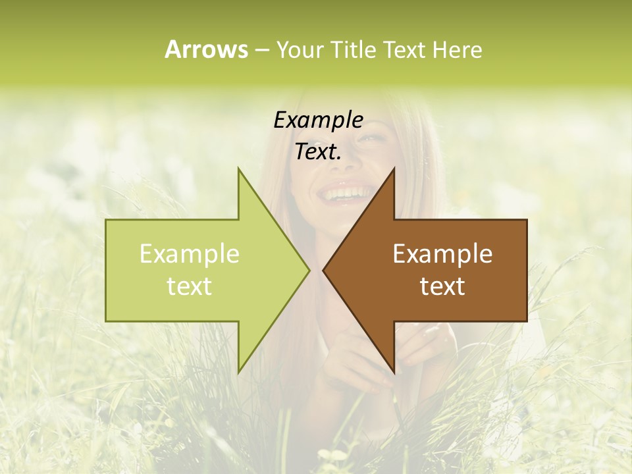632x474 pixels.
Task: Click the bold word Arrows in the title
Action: point(206,49)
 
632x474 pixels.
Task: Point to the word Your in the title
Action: point(299,50)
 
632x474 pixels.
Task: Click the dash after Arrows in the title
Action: point(261,50)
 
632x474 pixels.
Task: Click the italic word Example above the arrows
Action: point(318,120)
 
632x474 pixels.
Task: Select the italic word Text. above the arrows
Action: point(318,152)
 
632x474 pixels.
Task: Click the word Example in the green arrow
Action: point(190,253)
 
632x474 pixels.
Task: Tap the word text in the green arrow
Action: point(190,286)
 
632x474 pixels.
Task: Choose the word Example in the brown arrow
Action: point(442,253)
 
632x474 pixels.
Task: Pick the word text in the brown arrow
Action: point(442,286)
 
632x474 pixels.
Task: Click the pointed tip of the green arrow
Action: point(309,270)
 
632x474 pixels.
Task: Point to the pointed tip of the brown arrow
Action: point(323,270)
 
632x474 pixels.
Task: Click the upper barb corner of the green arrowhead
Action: point(238,169)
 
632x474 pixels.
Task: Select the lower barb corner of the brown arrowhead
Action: point(394,373)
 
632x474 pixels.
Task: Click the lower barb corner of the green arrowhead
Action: point(238,373)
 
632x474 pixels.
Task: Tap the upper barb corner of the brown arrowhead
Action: point(394,169)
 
